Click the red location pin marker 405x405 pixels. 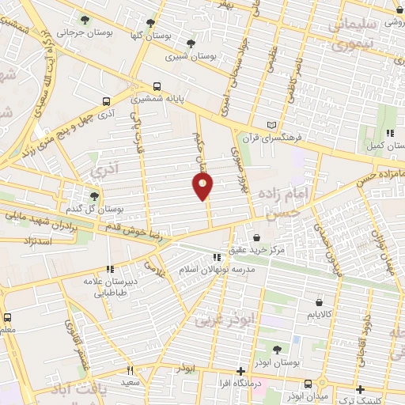(203, 186)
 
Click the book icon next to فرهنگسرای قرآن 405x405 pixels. (273, 125)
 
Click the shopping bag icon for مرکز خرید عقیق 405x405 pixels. (255, 237)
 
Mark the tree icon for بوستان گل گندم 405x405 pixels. (94, 195)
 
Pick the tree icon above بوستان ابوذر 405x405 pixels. (276, 350)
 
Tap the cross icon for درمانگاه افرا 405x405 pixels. (240, 371)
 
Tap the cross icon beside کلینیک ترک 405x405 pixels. (361, 389)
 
